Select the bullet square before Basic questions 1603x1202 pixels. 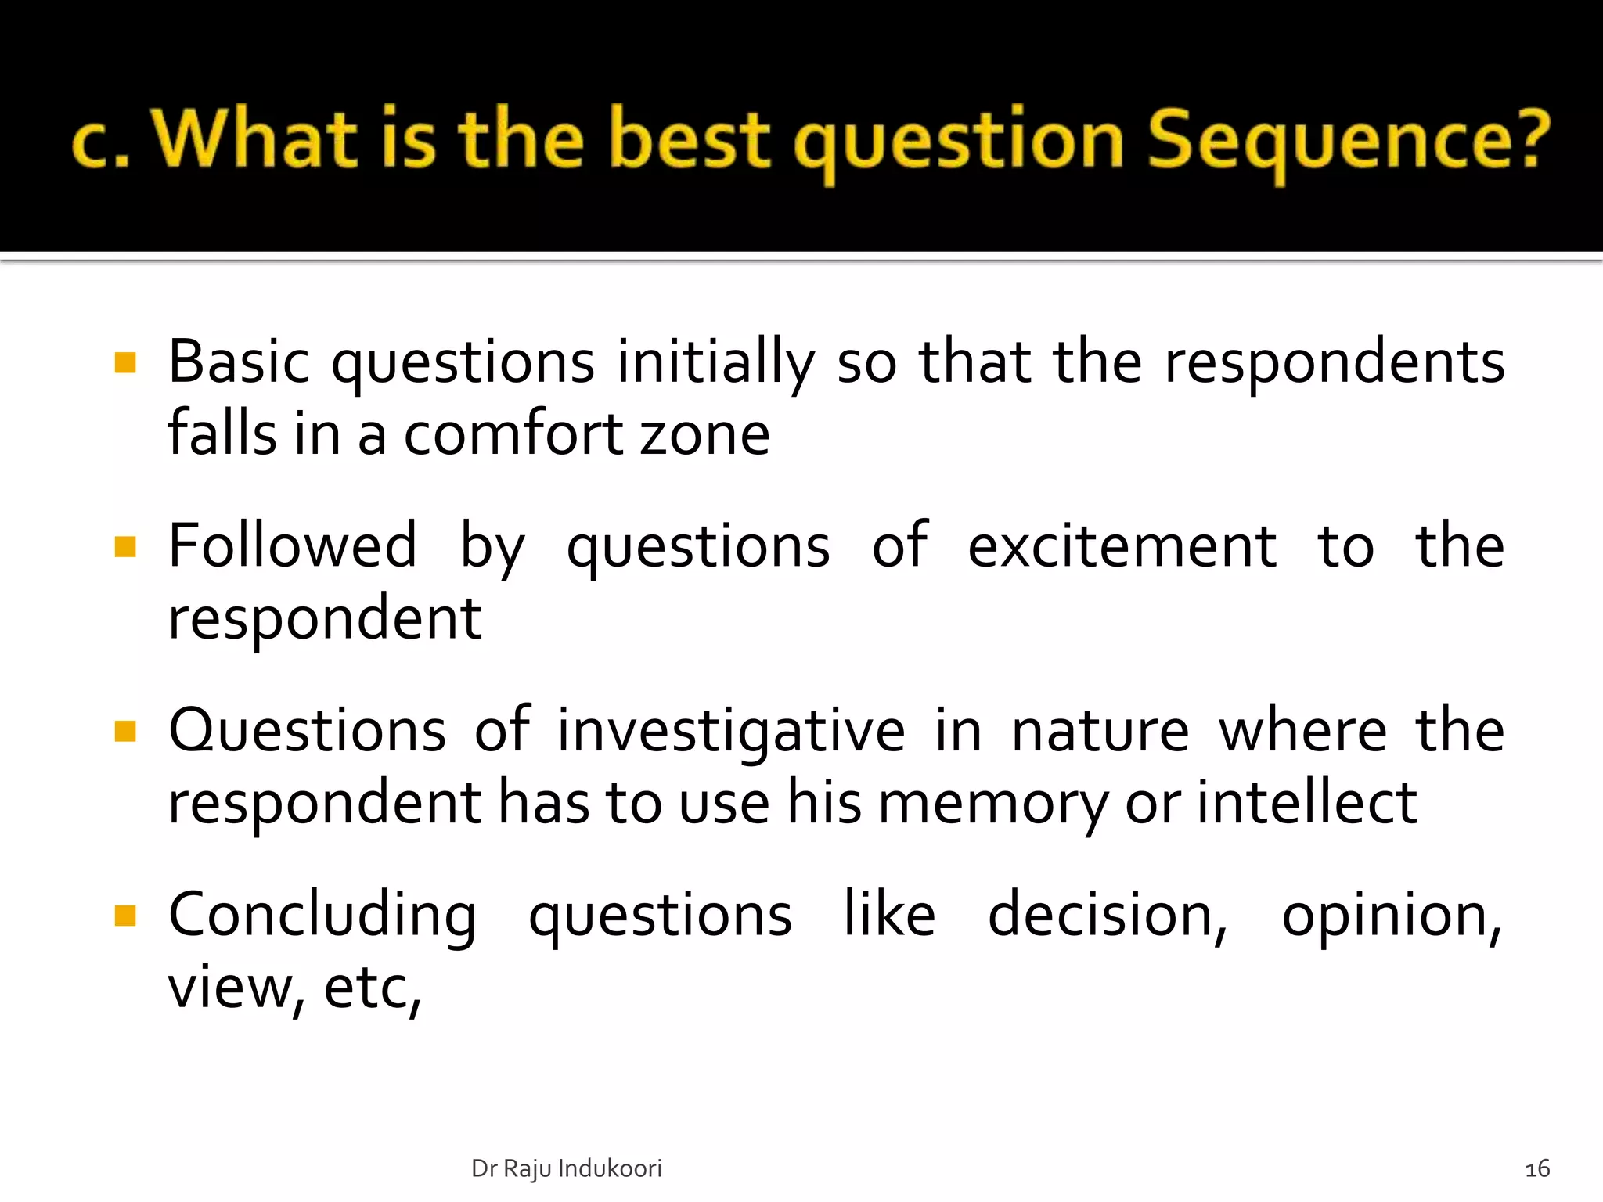click(125, 363)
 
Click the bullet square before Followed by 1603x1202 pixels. click(125, 546)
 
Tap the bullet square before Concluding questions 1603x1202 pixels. click(125, 915)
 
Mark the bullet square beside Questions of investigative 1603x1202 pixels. click(125, 731)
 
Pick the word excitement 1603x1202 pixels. click(1122, 546)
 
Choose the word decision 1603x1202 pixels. click(1107, 915)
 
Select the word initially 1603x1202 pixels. click(716, 363)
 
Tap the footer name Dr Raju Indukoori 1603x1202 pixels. click(566, 1168)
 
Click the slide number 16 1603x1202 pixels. click(1537, 1169)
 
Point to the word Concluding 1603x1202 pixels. click(322, 916)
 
